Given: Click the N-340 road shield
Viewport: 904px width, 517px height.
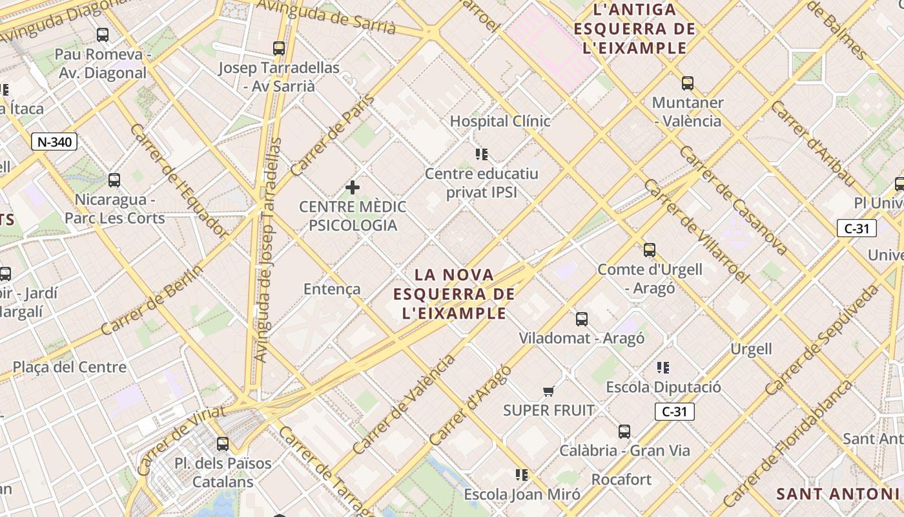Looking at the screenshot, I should [54, 142].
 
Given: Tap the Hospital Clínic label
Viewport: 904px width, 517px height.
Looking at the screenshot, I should [500, 121].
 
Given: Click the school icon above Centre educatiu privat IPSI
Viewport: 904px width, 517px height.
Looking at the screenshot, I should [482, 154].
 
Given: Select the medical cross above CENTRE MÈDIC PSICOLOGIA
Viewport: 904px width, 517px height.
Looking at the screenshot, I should [353, 187].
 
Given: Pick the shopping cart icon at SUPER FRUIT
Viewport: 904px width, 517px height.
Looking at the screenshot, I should [549, 391].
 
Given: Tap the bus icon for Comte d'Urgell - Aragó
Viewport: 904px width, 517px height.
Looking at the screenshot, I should [650, 250].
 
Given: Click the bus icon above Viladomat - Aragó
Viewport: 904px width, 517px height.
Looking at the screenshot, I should [582, 319].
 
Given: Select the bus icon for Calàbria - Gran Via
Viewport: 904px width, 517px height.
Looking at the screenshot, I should [624, 431].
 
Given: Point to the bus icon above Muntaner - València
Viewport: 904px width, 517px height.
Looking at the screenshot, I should [688, 83].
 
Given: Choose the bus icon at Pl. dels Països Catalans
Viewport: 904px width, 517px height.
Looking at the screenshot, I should [223, 444].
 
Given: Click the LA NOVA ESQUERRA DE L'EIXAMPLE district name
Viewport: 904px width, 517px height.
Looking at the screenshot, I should [454, 294].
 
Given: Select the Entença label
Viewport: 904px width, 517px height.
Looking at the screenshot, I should [332, 289].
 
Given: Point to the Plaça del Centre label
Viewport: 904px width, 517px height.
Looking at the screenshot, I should [70, 367].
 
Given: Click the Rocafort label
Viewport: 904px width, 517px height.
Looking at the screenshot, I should [621, 480].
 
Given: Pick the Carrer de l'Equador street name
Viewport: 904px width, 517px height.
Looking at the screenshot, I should [180, 180].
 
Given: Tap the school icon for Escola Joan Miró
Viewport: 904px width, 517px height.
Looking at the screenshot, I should [522, 475].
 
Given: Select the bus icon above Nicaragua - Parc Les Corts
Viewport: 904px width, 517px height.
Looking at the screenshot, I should [114, 180].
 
